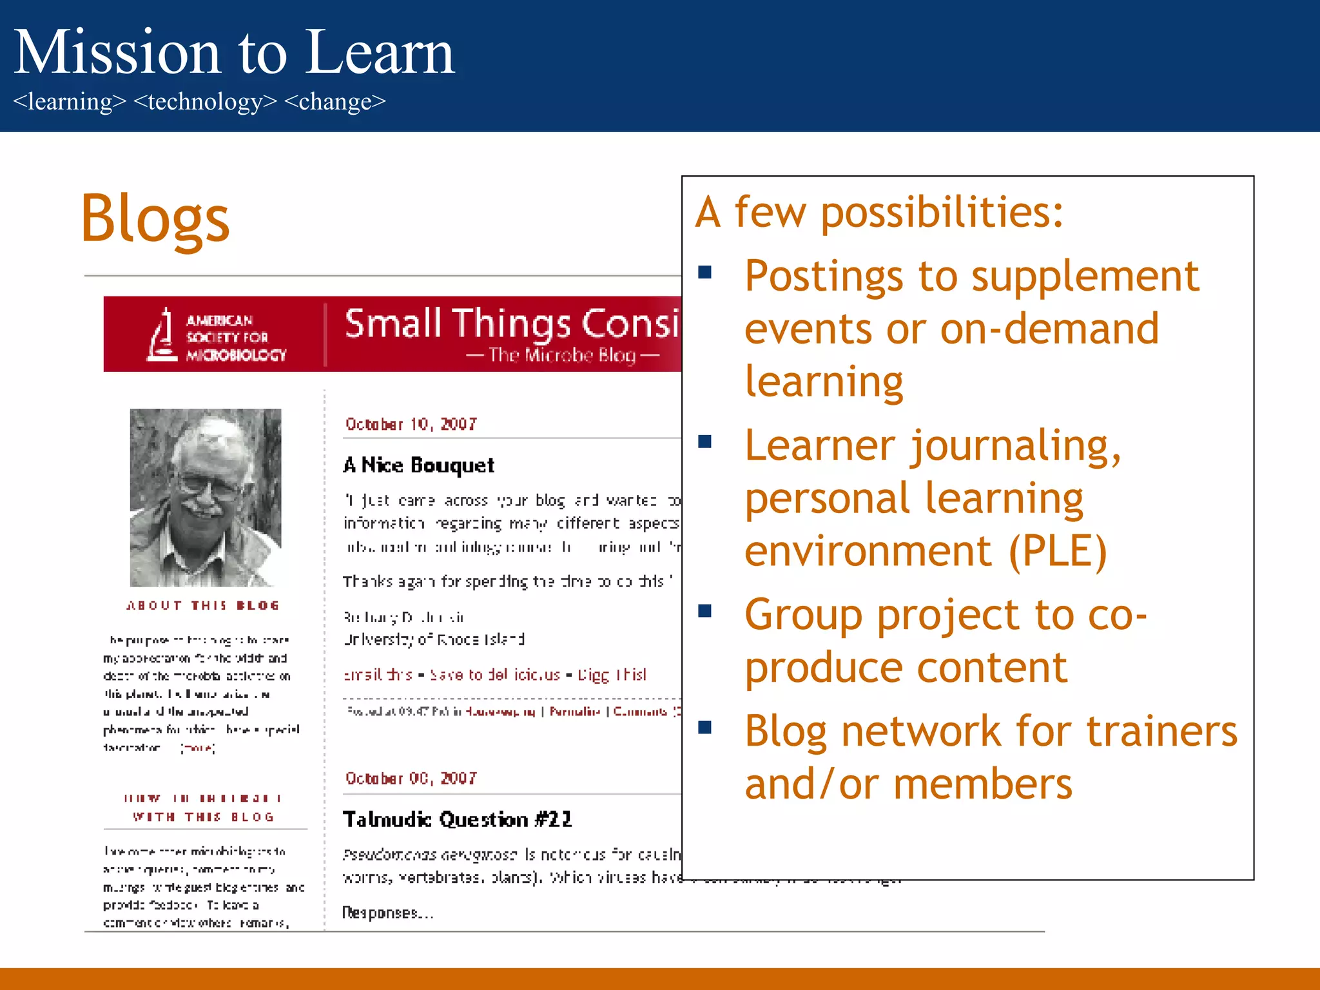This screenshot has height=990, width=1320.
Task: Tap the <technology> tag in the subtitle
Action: [205, 102]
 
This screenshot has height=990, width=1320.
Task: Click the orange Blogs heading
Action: [155, 220]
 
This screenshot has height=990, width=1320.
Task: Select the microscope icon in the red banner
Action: [162, 335]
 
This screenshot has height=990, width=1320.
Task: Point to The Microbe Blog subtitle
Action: [562, 355]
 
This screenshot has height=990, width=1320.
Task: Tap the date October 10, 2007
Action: [411, 424]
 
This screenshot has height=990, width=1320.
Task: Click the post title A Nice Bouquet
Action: [419, 465]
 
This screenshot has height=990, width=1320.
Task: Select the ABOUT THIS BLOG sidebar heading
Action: [203, 605]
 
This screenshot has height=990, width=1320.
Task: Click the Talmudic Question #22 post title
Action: [457, 819]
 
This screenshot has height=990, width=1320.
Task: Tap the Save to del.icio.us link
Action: [494, 675]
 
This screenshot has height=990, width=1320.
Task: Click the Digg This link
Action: [612, 675]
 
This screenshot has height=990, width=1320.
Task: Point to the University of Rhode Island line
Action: [434, 639]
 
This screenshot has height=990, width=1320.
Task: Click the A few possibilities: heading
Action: [879, 212]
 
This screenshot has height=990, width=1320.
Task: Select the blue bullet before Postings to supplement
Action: [704, 272]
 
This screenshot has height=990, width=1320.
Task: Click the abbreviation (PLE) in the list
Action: [1057, 552]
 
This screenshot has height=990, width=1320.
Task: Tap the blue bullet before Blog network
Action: [704, 728]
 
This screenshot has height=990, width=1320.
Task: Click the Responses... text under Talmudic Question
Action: [387, 913]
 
